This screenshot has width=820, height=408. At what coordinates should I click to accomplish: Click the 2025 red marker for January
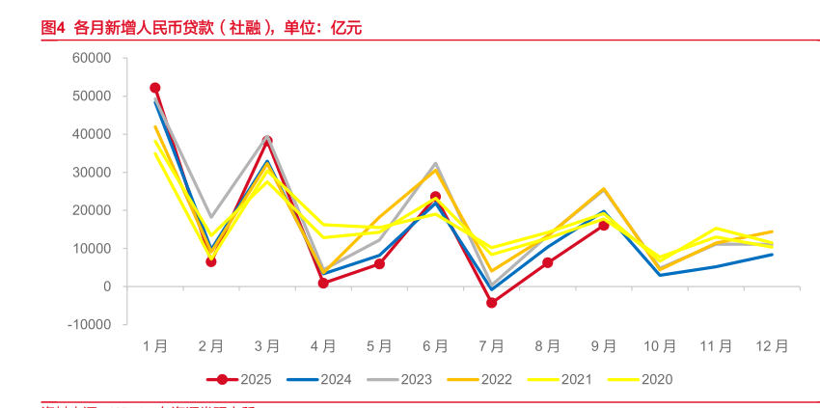coord(155,88)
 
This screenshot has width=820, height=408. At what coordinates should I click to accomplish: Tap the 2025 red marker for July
coord(491,303)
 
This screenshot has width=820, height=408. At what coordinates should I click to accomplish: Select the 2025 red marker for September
coord(604,225)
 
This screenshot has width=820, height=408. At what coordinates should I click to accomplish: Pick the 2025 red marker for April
coord(323,284)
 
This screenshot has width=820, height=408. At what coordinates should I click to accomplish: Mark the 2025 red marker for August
coord(548,262)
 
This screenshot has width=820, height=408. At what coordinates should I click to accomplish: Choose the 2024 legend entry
coord(326,379)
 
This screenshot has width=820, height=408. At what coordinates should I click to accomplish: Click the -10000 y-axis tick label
coord(90,324)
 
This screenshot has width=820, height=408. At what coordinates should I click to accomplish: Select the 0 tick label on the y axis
coord(108,286)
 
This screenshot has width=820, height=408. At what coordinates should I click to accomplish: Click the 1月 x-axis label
coord(155,345)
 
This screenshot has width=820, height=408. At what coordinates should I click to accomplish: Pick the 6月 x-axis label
coord(435,345)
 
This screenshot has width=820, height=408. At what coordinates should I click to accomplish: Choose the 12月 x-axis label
coord(772,345)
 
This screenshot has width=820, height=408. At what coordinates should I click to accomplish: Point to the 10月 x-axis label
coord(660,345)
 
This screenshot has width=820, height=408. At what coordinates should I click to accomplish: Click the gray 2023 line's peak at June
coord(435,164)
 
